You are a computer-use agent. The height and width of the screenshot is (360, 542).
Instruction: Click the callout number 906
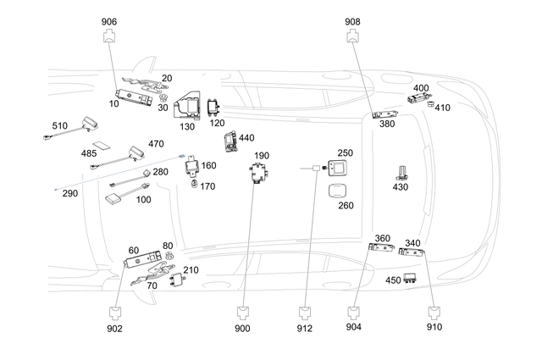[110, 21]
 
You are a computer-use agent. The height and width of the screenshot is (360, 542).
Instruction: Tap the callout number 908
[353, 21]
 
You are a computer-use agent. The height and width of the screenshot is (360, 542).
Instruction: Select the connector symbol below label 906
[110, 36]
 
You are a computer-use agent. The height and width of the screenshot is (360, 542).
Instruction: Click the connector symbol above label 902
[115, 312]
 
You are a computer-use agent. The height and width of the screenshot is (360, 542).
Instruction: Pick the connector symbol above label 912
[305, 312]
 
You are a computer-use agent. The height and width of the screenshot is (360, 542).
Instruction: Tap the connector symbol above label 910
[436, 312]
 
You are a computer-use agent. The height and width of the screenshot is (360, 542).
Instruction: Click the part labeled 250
[339, 169]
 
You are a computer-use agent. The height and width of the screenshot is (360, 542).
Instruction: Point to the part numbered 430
[401, 173]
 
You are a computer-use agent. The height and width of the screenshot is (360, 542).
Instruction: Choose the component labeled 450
[414, 279]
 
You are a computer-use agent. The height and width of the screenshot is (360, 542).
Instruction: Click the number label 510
[59, 125]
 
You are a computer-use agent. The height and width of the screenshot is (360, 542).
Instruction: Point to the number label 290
[69, 193]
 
